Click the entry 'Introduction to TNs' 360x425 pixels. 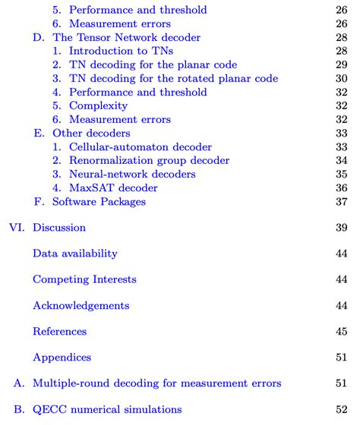pyautogui.click(x=122, y=51)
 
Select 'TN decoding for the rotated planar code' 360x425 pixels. pyautogui.click(x=173, y=78)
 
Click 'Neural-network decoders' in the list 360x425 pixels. pyautogui.click(x=132, y=174)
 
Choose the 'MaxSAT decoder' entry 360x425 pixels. pyautogui.click(x=114, y=187)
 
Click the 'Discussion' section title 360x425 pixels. pyautogui.click(x=59, y=228)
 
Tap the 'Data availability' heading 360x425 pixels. pyautogui.click(x=75, y=253)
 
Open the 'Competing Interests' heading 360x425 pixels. pyautogui.click(x=84, y=279)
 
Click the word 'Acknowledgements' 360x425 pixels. pyautogui.click(x=81, y=305)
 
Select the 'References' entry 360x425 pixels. pyautogui.click(x=59, y=331)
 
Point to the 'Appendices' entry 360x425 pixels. pyautogui.click(x=62, y=357)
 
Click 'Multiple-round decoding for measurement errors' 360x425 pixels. pyautogui.click(x=157, y=383)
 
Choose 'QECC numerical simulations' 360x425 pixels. pyautogui.click(x=107, y=409)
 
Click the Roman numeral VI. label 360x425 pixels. pyautogui.click(x=16, y=228)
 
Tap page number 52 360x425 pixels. pyautogui.click(x=341, y=409)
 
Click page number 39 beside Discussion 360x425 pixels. pyautogui.click(x=341, y=228)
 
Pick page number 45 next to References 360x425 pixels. pyautogui.click(x=341, y=331)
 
